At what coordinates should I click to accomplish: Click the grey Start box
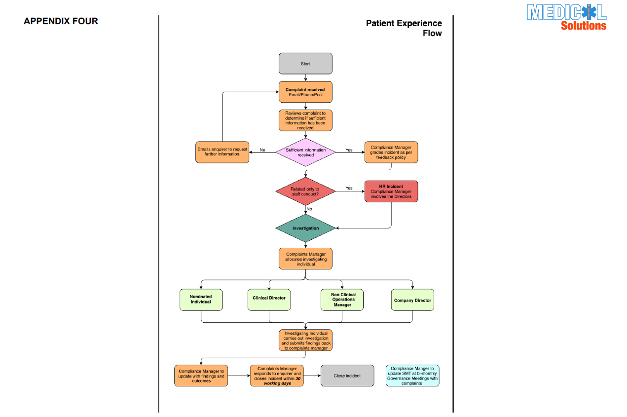[305, 64]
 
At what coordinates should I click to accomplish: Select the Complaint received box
[305, 92]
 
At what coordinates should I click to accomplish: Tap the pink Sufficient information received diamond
[305, 152]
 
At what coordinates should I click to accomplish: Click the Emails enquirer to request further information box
[222, 152]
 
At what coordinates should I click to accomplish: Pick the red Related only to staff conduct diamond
[305, 191]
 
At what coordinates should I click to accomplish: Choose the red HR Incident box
[391, 191]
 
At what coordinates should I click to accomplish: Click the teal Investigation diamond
[305, 228]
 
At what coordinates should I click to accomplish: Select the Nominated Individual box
[201, 300]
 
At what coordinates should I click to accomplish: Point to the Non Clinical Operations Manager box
[342, 300]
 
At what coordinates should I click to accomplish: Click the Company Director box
[412, 300]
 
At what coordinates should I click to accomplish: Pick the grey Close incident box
[347, 376]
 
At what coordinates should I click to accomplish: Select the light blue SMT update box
[412, 376]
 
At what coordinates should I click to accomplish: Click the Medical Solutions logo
[566, 17]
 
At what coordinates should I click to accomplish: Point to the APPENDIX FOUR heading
[61, 21]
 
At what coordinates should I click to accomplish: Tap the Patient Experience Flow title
[404, 28]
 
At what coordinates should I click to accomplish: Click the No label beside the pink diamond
[262, 150]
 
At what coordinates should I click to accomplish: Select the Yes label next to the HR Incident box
[349, 189]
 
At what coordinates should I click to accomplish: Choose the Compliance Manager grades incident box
[391, 152]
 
